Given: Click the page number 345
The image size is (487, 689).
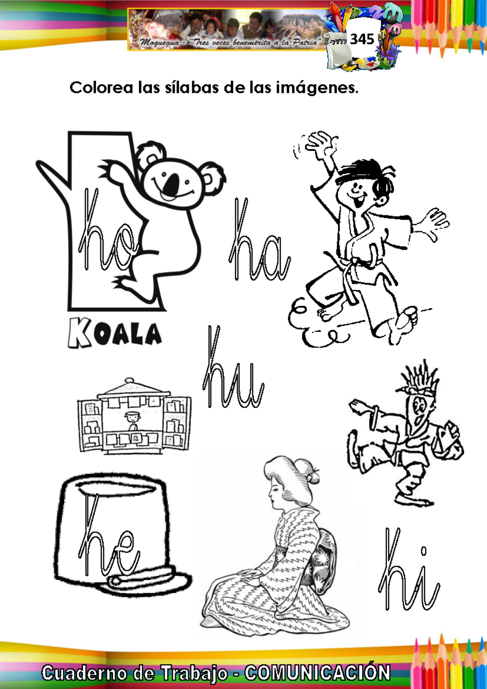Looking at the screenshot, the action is point(362,39).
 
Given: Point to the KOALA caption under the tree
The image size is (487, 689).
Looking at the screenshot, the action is point(114,333).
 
